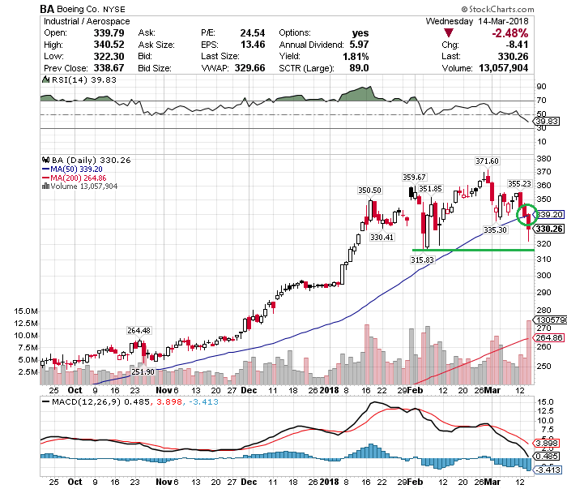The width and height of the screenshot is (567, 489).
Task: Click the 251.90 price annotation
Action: [143, 371]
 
